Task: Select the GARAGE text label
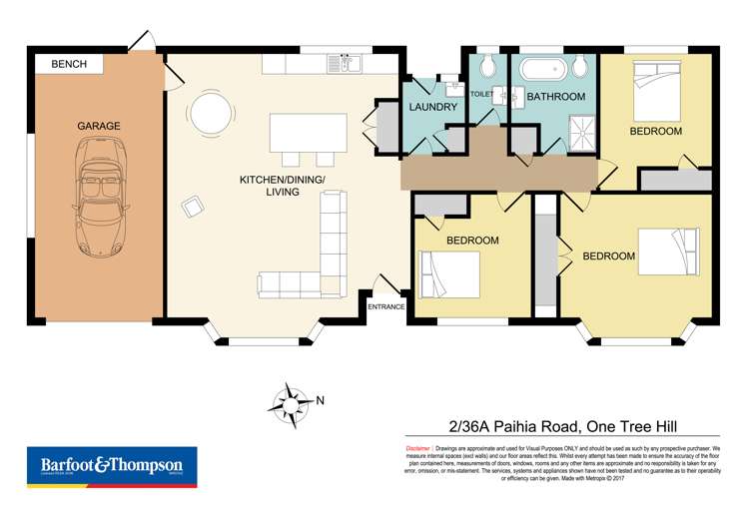[x=98, y=126]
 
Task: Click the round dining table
[x=212, y=112]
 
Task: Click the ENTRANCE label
[x=385, y=306]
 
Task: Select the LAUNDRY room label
[x=433, y=107]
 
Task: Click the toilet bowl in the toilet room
[x=486, y=68]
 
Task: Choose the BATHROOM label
[x=555, y=97]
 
